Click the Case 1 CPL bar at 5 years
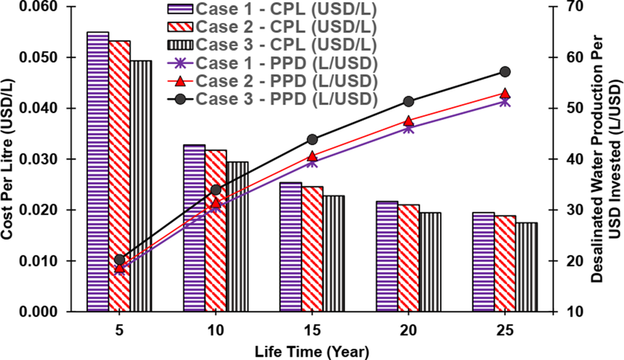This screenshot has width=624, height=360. point(98,171)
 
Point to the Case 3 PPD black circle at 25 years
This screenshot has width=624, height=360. point(505,72)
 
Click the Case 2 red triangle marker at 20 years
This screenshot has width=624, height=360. point(409,121)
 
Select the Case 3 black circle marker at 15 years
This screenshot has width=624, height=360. point(312,139)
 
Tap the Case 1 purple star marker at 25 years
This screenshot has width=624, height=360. point(505,102)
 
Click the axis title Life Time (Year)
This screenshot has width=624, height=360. point(312,350)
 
